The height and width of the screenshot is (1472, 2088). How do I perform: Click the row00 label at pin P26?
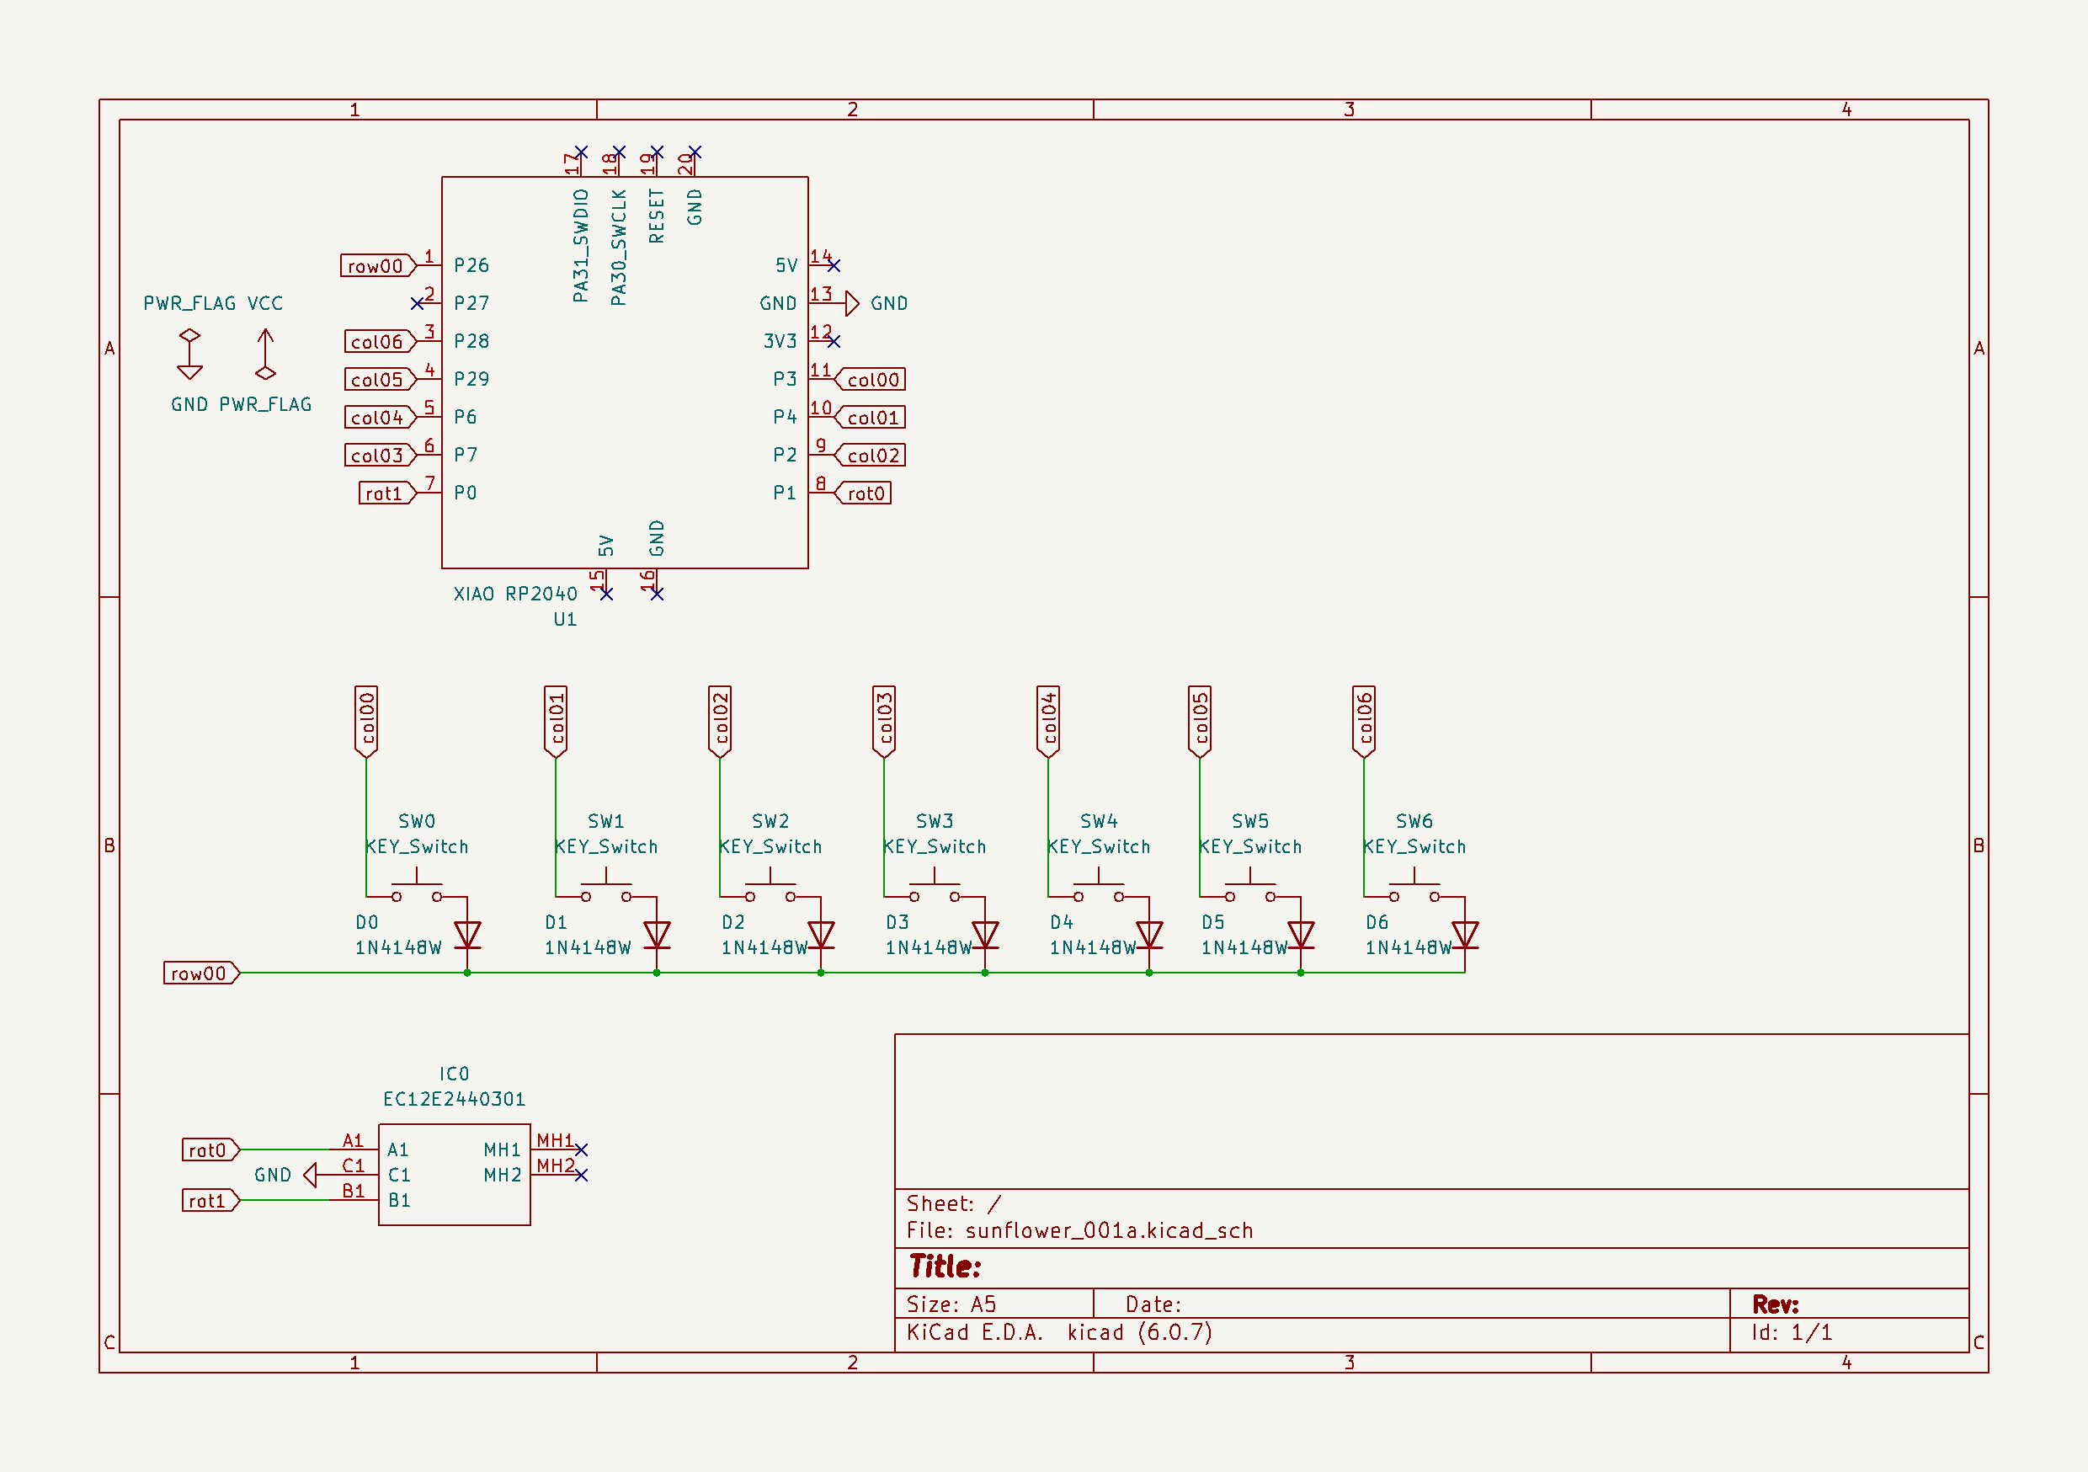coord(376,265)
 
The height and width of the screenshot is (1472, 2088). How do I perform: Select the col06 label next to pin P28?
coord(378,341)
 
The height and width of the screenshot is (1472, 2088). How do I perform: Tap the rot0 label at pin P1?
coord(864,493)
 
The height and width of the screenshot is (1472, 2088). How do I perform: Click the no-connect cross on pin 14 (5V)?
coord(834,265)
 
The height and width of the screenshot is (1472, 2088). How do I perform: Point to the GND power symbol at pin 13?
coord(852,303)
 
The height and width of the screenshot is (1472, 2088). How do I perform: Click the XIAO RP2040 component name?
coord(514,594)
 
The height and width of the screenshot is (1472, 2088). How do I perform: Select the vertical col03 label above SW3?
coord(884,721)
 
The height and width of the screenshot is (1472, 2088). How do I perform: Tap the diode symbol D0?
coord(467,935)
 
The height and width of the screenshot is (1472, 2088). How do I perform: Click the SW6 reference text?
coord(1414,820)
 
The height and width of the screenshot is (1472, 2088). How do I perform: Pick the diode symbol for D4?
coord(1149,935)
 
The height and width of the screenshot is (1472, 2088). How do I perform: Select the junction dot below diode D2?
coord(821,973)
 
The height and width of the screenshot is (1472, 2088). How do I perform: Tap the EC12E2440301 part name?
coord(454,1099)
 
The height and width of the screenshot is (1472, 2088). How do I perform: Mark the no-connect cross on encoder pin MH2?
coord(582,1176)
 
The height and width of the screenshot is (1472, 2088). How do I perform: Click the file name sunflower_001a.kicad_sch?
coord(1109,1231)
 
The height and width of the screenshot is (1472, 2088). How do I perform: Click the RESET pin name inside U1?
coord(657,216)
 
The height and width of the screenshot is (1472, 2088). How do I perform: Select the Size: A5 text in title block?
coord(951,1304)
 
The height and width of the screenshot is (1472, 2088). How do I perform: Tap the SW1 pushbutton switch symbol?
coord(605,887)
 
